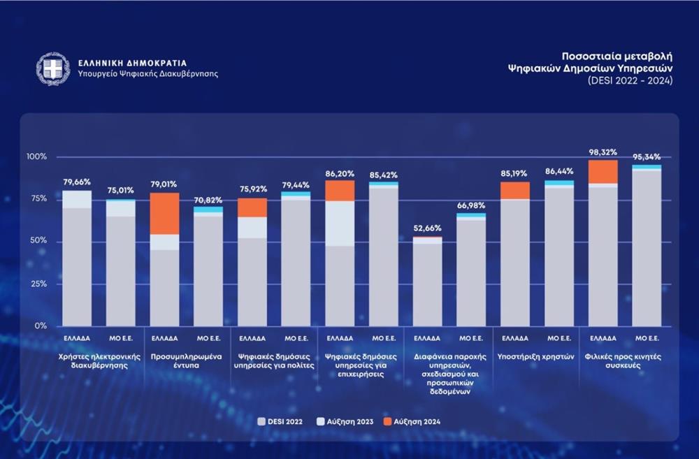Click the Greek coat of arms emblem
54,69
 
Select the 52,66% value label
427,229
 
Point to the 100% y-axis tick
36,156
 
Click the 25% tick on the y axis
39,284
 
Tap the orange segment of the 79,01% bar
165,214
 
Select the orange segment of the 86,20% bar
340,191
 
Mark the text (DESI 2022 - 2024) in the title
630,81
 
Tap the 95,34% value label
646,157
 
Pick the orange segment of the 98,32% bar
602,172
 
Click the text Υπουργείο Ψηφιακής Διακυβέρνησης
148,74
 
